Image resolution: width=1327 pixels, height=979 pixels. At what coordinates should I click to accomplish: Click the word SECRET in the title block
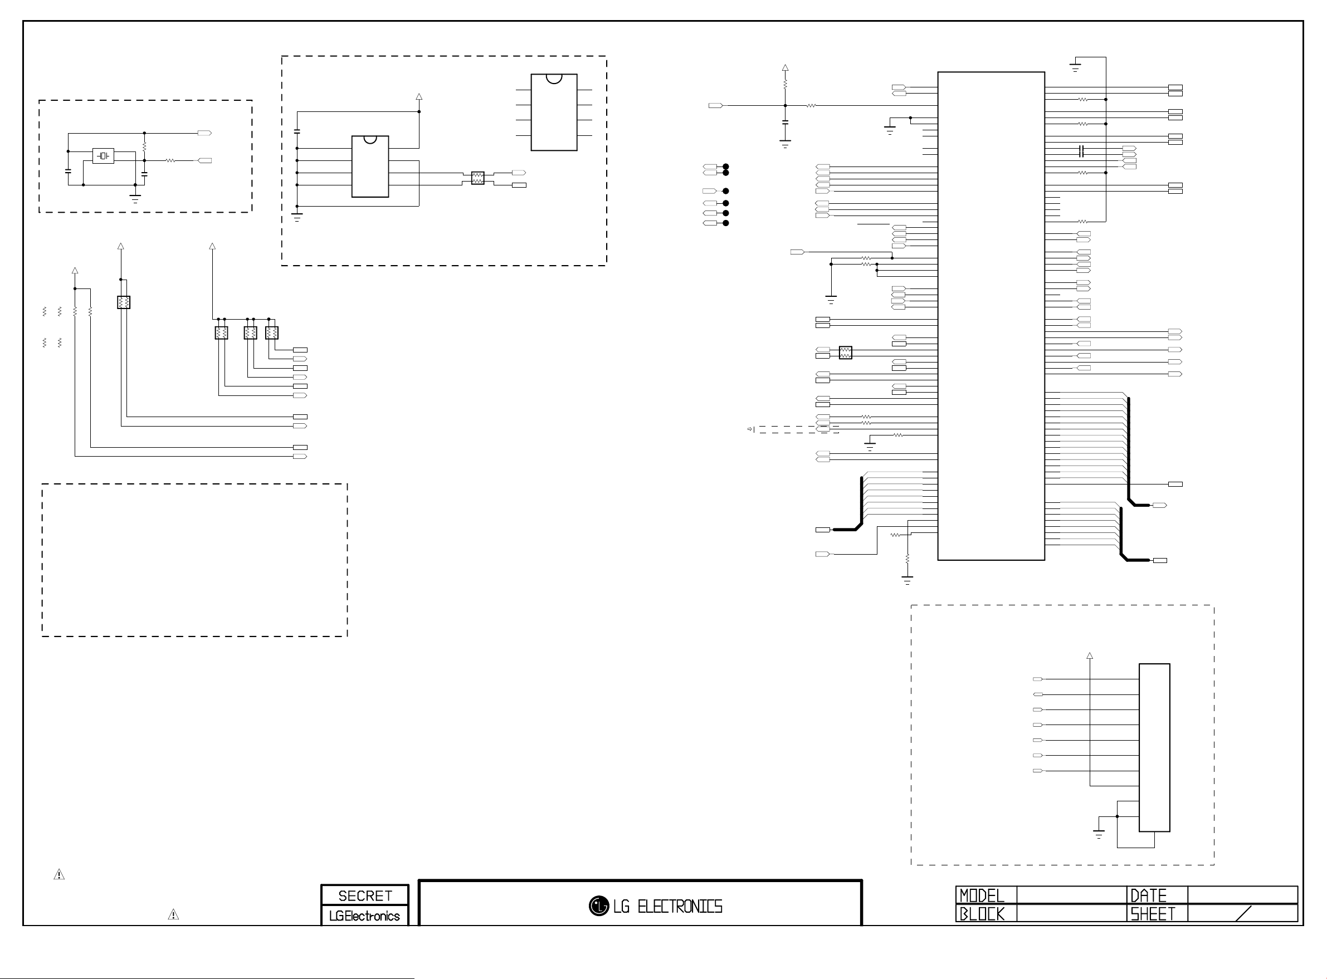[x=365, y=895]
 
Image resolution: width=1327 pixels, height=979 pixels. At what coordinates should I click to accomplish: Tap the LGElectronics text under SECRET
[x=364, y=916]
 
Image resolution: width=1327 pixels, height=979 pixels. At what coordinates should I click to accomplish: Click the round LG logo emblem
[x=599, y=905]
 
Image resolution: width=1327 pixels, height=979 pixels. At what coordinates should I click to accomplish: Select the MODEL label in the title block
[x=982, y=895]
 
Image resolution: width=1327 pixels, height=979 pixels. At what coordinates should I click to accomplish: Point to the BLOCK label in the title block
[x=982, y=914]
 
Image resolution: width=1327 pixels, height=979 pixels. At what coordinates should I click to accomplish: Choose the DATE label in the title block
[x=1148, y=895]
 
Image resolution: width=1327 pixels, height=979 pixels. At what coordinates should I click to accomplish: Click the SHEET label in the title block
[x=1152, y=914]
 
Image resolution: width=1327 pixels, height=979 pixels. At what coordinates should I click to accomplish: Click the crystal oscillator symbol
[x=103, y=156]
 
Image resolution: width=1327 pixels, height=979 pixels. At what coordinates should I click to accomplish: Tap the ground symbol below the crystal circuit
[x=135, y=198]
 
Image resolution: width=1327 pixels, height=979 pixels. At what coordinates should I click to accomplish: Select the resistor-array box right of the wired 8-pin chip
[x=477, y=178]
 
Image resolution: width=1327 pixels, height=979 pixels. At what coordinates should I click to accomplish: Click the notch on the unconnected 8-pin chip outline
[x=554, y=78]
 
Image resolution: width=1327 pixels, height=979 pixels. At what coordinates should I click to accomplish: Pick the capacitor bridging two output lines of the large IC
[x=1082, y=151]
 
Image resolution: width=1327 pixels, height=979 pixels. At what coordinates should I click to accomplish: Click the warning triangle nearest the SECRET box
[x=173, y=914]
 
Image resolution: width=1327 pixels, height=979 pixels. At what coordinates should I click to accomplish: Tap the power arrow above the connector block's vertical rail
[x=1089, y=656]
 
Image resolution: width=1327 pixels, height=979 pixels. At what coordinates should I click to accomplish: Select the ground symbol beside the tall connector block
[x=1099, y=834]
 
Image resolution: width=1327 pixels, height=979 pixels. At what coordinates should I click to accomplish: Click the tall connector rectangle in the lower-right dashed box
[x=1154, y=747]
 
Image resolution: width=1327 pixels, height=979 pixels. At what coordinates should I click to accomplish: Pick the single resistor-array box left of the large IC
[x=846, y=353]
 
